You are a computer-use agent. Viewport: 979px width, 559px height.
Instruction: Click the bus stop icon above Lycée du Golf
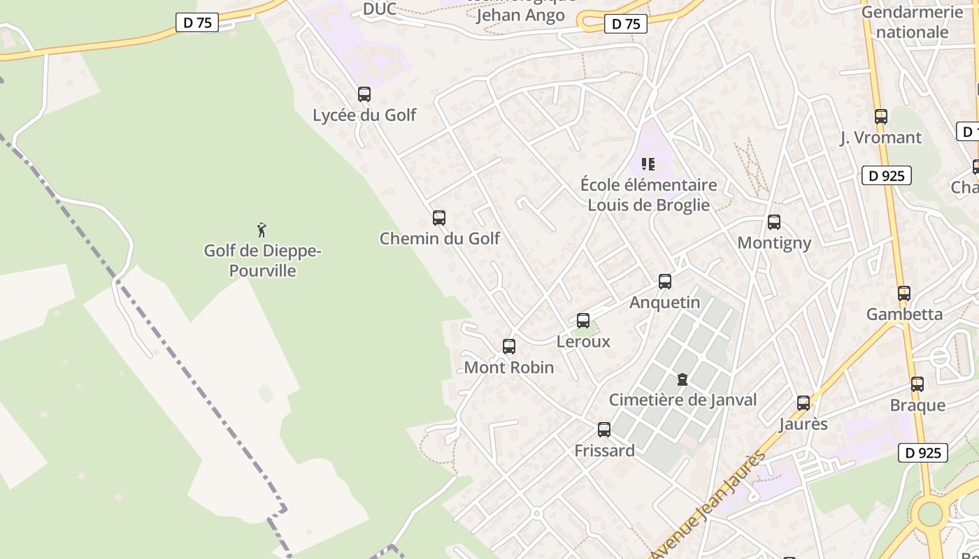tap(364, 94)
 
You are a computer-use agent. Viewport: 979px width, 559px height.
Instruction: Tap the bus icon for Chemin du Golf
tap(439, 218)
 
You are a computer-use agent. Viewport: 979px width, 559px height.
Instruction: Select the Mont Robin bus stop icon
tap(509, 347)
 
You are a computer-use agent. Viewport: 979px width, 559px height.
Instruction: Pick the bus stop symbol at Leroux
tap(583, 321)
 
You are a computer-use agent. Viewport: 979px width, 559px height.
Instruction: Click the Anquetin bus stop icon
tap(665, 282)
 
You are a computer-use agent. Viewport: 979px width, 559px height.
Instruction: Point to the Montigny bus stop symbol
tap(774, 222)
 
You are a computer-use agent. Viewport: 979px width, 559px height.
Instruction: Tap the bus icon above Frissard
tap(604, 430)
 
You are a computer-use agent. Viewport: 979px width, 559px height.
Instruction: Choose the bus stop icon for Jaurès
tap(803, 403)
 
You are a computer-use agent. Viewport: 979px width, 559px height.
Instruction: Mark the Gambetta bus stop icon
tap(904, 293)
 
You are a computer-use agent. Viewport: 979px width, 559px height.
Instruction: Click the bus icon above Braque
tap(917, 384)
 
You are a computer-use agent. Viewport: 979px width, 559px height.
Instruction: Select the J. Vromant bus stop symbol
tap(881, 117)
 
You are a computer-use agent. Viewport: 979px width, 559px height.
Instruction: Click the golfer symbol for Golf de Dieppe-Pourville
tap(262, 229)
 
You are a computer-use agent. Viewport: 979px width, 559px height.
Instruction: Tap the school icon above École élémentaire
tap(648, 164)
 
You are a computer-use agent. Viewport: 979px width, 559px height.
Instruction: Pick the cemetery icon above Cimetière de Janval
tap(683, 379)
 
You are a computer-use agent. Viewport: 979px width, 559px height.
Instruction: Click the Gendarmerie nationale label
tap(912, 22)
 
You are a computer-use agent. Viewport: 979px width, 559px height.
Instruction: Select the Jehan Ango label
tap(520, 15)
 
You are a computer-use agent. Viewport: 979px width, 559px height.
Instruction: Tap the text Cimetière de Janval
tap(683, 400)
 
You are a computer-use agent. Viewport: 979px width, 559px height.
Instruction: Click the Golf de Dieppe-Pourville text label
tap(262, 261)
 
